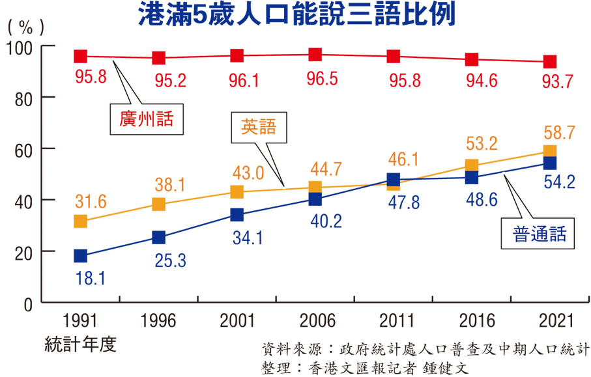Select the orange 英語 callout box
[x=258, y=127]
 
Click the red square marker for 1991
[x=81, y=57]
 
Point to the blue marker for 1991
[x=81, y=256]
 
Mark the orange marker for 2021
[x=549, y=152]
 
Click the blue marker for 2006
[x=315, y=199]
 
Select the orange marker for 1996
[x=159, y=204]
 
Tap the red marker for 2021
[x=549, y=62]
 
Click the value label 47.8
[x=394, y=201]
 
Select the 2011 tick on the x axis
[x=394, y=320]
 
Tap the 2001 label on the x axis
[x=237, y=320]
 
